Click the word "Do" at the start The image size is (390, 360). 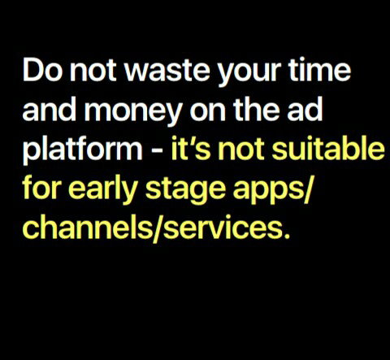[x=42, y=70]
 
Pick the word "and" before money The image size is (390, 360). [x=50, y=110]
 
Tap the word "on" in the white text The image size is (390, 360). [x=208, y=112]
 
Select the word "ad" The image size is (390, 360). [x=305, y=110]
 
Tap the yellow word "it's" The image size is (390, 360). [x=191, y=149]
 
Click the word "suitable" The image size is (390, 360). [x=328, y=149]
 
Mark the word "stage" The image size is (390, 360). [x=185, y=192]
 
